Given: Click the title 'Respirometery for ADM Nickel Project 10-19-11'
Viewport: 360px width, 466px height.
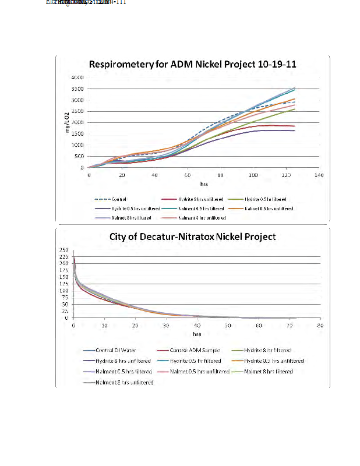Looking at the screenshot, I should (x=192, y=65).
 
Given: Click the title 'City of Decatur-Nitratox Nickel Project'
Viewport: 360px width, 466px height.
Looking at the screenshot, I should (x=192, y=236).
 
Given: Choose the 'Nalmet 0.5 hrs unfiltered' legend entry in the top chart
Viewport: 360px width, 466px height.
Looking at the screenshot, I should (x=269, y=208).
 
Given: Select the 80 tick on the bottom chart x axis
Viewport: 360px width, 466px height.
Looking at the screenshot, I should (x=319, y=325).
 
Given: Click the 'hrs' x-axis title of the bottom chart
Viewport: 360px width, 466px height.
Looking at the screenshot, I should (x=196, y=334).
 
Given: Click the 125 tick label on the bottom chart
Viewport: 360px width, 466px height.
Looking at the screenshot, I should (x=63, y=284).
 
